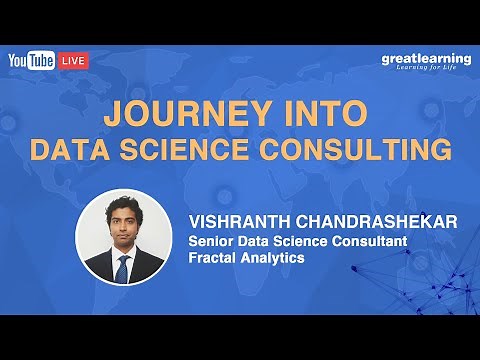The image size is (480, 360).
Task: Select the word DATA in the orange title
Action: coord(70,151)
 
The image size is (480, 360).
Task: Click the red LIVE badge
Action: coord(74,61)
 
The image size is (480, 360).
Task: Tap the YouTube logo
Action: coord(32,61)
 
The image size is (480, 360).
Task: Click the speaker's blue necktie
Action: coord(122,268)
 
